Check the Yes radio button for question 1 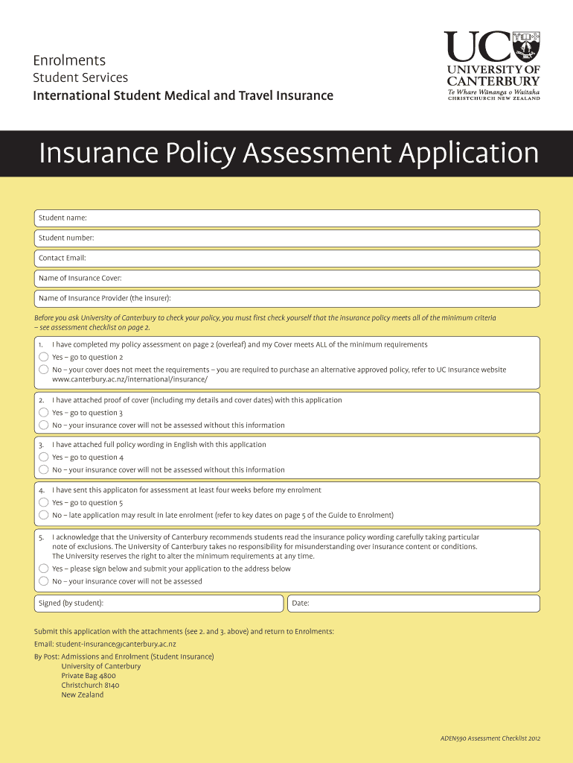pos(43,357)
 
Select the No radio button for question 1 pos(43,370)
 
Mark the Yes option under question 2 pos(43,413)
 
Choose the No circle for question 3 pos(43,470)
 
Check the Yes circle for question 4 pos(43,502)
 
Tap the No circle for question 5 pos(43,581)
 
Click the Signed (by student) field pos(159,603)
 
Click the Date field pos(413,603)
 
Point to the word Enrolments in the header pos(69,60)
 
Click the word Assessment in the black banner pos(318,153)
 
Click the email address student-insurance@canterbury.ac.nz pos(115,644)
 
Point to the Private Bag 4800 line pos(89,676)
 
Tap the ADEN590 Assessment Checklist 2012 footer pos(490,738)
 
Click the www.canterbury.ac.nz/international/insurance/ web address pos(129,379)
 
